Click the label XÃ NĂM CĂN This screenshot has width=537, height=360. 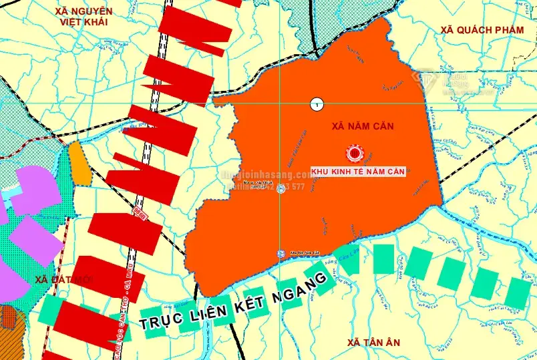tap(357, 126)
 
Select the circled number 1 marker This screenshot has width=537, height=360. tap(316, 103)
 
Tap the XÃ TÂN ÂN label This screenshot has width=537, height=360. tap(373, 343)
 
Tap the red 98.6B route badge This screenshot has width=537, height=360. tap(140, 214)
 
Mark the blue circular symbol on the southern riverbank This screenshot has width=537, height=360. tap(281, 254)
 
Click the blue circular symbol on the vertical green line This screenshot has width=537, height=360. tap(281, 190)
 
